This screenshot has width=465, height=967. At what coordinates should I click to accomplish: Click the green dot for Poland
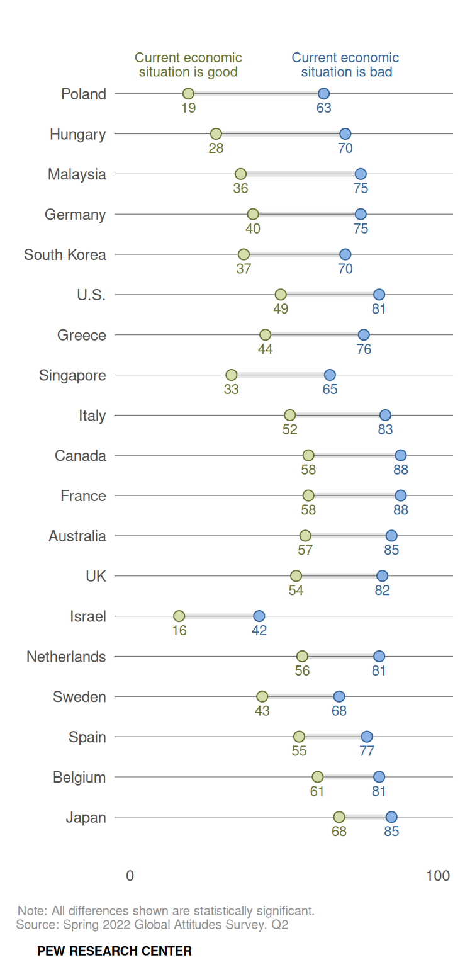click(188, 94)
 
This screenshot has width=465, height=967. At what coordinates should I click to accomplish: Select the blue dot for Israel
click(259, 616)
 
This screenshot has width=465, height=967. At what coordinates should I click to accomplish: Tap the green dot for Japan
click(339, 817)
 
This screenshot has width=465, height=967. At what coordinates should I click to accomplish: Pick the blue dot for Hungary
click(345, 133)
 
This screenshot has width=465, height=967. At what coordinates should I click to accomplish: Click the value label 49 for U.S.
click(281, 309)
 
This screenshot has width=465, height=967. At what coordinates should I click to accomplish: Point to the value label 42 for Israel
click(259, 630)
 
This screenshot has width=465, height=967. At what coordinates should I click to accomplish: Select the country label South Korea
click(65, 255)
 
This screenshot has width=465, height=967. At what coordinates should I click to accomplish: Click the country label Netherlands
click(66, 657)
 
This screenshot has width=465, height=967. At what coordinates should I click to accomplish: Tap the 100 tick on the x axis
click(438, 876)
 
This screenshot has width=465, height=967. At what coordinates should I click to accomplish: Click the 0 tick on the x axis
click(130, 876)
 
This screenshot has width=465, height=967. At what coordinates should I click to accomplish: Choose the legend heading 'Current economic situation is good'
click(188, 65)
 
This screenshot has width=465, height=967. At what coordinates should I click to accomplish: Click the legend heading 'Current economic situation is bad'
click(345, 65)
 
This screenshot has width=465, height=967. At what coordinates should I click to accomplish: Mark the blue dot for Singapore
click(330, 375)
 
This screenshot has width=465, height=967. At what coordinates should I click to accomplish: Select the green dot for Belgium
click(318, 776)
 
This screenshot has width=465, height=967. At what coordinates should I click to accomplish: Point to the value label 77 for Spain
click(367, 751)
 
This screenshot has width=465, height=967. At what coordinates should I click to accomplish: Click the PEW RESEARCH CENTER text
click(115, 951)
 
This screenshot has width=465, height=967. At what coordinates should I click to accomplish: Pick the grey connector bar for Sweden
click(301, 696)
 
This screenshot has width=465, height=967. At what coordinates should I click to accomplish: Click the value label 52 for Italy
click(290, 429)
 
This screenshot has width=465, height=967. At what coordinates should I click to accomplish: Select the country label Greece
click(82, 335)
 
